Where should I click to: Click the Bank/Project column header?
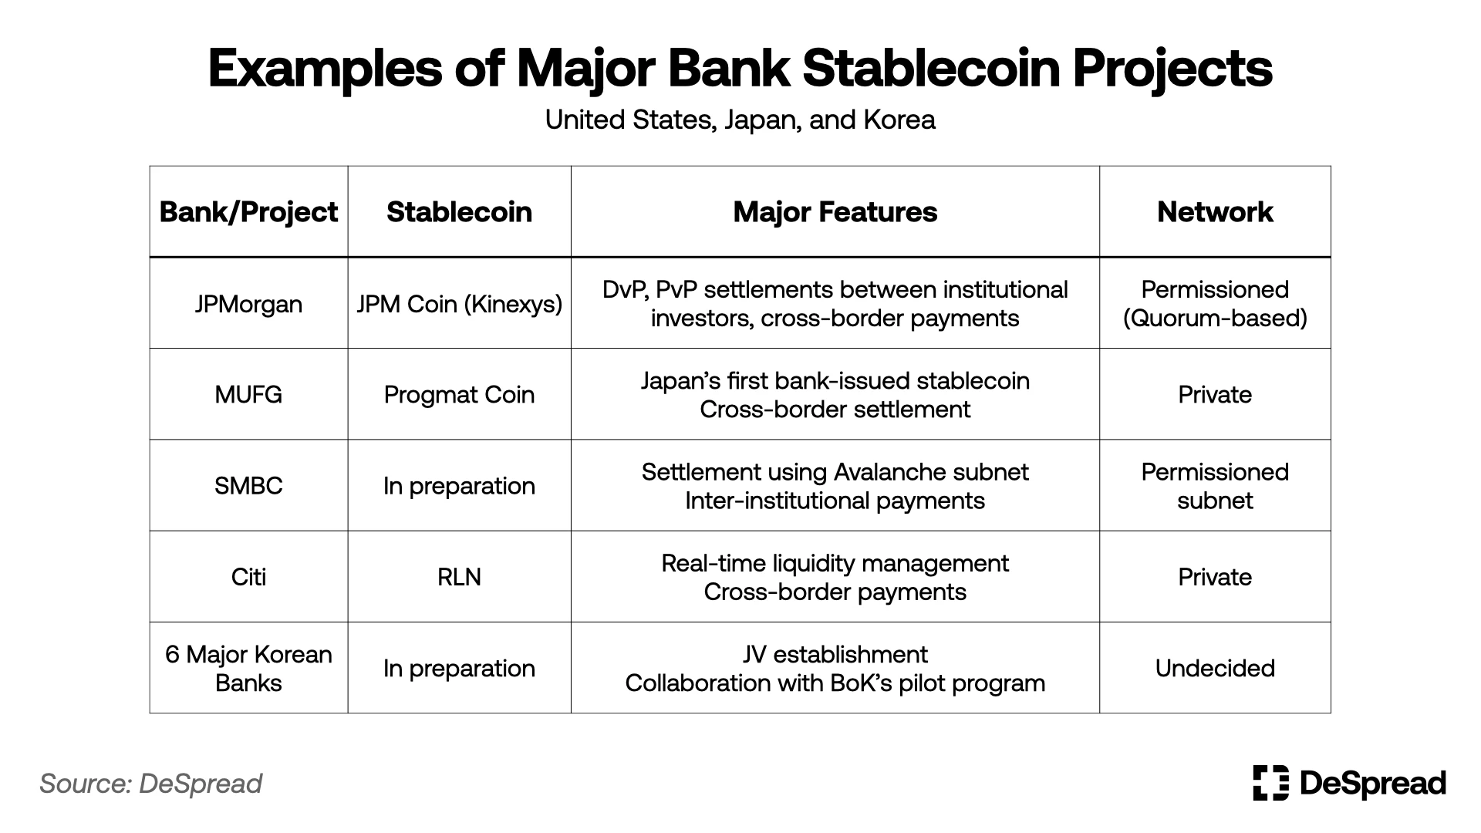click(248, 212)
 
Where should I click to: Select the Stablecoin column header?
click(459, 212)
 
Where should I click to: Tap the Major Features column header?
click(835, 212)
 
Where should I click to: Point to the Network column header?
click(1215, 212)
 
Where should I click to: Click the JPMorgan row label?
click(248, 304)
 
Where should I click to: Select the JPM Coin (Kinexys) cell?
click(459, 304)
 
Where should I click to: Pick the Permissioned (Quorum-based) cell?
click(1215, 304)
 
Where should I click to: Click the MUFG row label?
click(248, 395)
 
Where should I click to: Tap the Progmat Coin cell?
click(459, 395)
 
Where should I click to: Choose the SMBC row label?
click(248, 486)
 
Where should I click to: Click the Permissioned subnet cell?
click(1215, 486)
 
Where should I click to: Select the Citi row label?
click(248, 577)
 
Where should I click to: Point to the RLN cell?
click(459, 577)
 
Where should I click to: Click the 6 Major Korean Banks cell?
click(248, 668)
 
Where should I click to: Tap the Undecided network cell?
click(1215, 668)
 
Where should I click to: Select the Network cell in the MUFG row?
click(1215, 395)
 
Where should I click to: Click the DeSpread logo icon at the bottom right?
click(1270, 783)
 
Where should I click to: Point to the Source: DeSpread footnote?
click(151, 784)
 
